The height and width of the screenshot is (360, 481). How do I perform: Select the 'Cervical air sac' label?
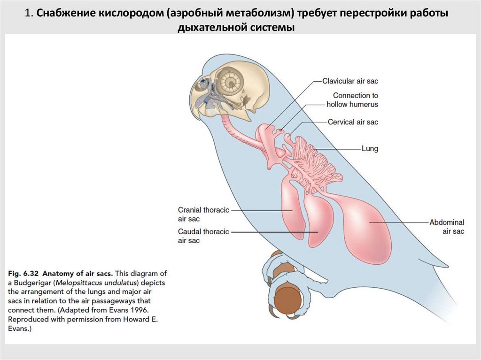(353, 122)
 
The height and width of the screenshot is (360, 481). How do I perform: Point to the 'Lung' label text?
(369, 149)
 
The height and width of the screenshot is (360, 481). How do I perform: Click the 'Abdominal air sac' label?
(447, 227)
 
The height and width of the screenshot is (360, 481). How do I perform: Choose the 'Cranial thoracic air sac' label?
(203, 214)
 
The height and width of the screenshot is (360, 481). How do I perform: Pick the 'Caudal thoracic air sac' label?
(203, 236)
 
